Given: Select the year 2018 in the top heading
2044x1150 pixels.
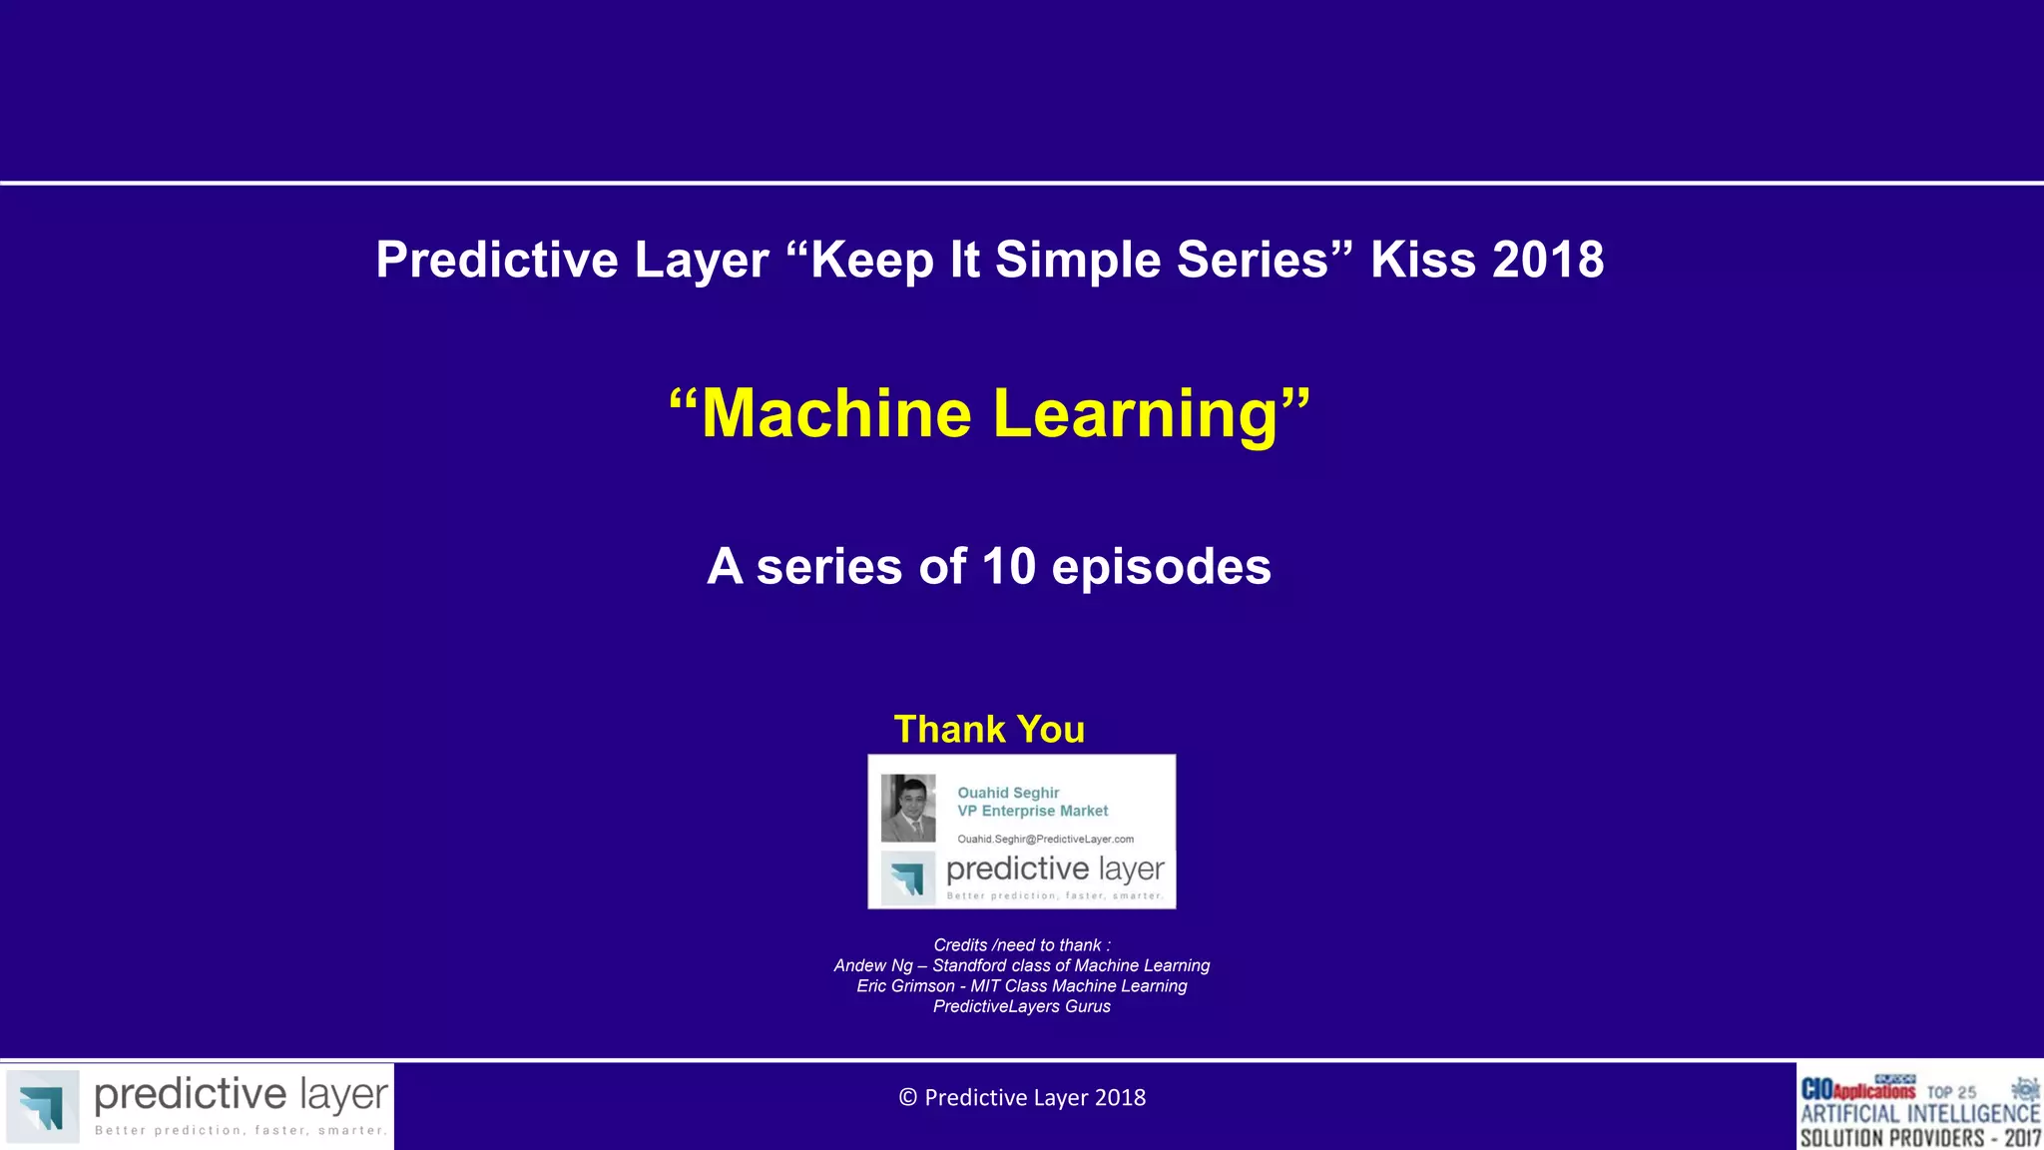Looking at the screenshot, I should (x=1548, y=260).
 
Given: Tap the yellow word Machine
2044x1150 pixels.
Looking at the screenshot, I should (x=836, y=413).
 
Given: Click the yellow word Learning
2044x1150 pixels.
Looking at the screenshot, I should (x=1136, y=413).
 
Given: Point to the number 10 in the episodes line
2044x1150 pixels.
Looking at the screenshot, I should (x=1009, y=566).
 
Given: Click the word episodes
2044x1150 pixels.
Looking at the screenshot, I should (x=1161, y=567).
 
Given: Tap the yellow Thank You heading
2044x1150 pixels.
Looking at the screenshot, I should (x=989, y=729).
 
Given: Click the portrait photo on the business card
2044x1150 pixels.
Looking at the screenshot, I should (x=908, y=808).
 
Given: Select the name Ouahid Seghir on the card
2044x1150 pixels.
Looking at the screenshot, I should (x=1008, y=793).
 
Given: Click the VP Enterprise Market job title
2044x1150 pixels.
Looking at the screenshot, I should (x=1033, y=811).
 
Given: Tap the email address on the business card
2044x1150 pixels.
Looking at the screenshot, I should (x=1045, y=839).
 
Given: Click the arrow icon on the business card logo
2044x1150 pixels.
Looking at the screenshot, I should (x=908, y=878).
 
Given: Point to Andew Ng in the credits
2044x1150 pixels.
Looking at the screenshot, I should (x=872, y=965).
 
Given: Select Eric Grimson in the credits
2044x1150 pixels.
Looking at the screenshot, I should (x=905, y=985).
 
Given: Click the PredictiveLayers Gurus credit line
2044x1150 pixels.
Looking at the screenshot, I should (x=1021, y=1006).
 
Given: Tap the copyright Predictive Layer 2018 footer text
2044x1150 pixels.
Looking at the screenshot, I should (x=1022, y=1097).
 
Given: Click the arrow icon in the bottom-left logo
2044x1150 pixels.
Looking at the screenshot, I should (x=43, y=1106).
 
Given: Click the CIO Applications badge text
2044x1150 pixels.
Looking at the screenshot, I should (x=1857, y=1089).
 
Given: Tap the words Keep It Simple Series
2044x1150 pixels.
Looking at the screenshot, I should (x=1069, y=260).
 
